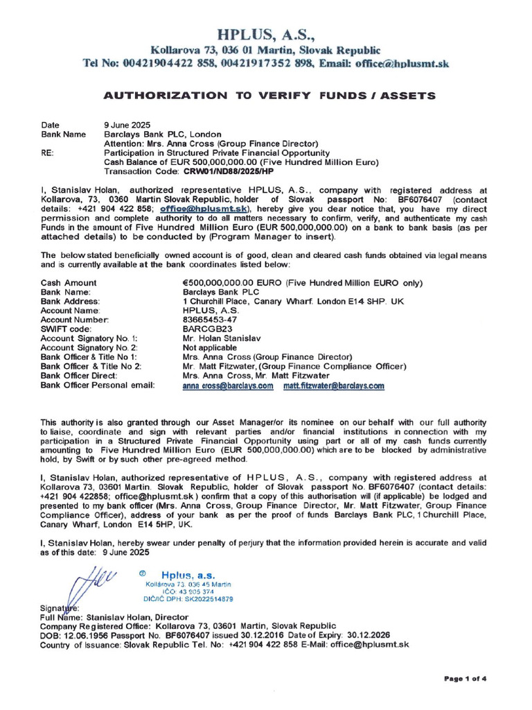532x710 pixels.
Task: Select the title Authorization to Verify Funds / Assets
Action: click(265, 94)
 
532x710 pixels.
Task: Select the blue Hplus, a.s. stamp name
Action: click(188, 575)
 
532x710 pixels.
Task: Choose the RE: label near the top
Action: click(48, 153)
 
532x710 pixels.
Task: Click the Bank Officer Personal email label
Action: click(98, 385)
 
